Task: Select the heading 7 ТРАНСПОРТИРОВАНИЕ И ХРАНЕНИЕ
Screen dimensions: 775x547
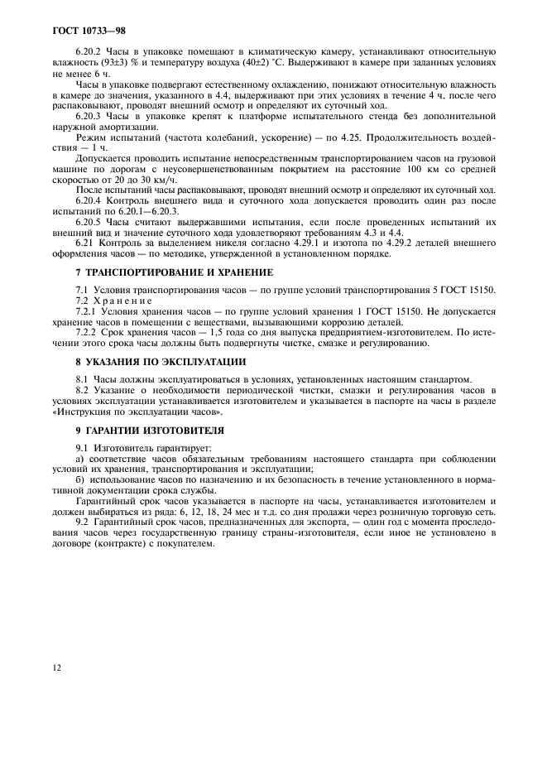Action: tap(173, 272)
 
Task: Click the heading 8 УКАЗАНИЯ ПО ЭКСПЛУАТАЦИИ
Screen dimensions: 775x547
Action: tap(161, 361)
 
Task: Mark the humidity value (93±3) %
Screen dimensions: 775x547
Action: tap(102, 63)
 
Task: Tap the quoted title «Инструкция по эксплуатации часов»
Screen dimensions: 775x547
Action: tap(137, 411)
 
